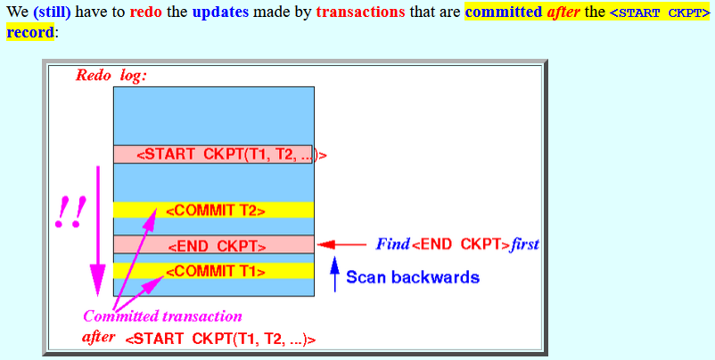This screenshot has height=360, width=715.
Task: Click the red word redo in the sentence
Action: click(145, 12)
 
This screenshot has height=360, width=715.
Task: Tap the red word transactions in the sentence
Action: click(360, 12)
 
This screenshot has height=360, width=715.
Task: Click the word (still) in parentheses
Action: click(52, 12)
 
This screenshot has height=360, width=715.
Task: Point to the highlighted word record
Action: click(30, 32)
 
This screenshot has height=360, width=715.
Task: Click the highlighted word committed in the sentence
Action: click(504, 12)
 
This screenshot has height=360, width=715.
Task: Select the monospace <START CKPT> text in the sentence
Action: click(660, 12)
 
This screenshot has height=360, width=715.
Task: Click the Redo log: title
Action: click(111, 75)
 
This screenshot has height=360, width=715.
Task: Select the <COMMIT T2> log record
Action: click(215, 211)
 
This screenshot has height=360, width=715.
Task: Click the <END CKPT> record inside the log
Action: click(217, 247)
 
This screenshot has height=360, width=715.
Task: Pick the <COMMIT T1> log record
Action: click(215, 272)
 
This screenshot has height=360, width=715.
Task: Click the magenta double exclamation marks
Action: click(70, 212)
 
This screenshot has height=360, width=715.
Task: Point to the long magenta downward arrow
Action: click(97, 231)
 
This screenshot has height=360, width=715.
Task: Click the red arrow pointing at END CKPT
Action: click(341, 245)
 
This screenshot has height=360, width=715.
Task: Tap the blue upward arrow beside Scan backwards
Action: click(335, 274)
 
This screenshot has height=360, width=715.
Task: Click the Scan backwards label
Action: click(413, 277)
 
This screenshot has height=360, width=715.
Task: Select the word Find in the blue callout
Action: click(392, 245)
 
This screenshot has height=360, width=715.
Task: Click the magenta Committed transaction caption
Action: click(162, 315)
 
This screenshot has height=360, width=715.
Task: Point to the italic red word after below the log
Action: click(99, 338)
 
